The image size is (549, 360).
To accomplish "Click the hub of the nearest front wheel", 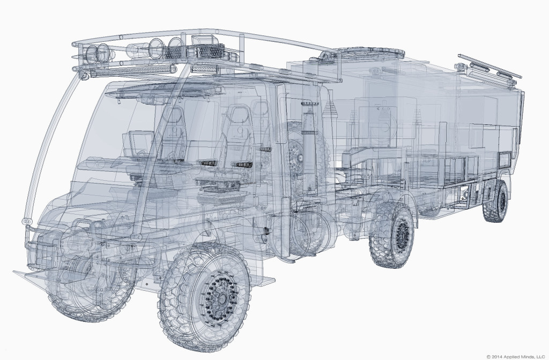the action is pos(221,299).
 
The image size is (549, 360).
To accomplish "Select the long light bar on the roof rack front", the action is pos(132,70).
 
